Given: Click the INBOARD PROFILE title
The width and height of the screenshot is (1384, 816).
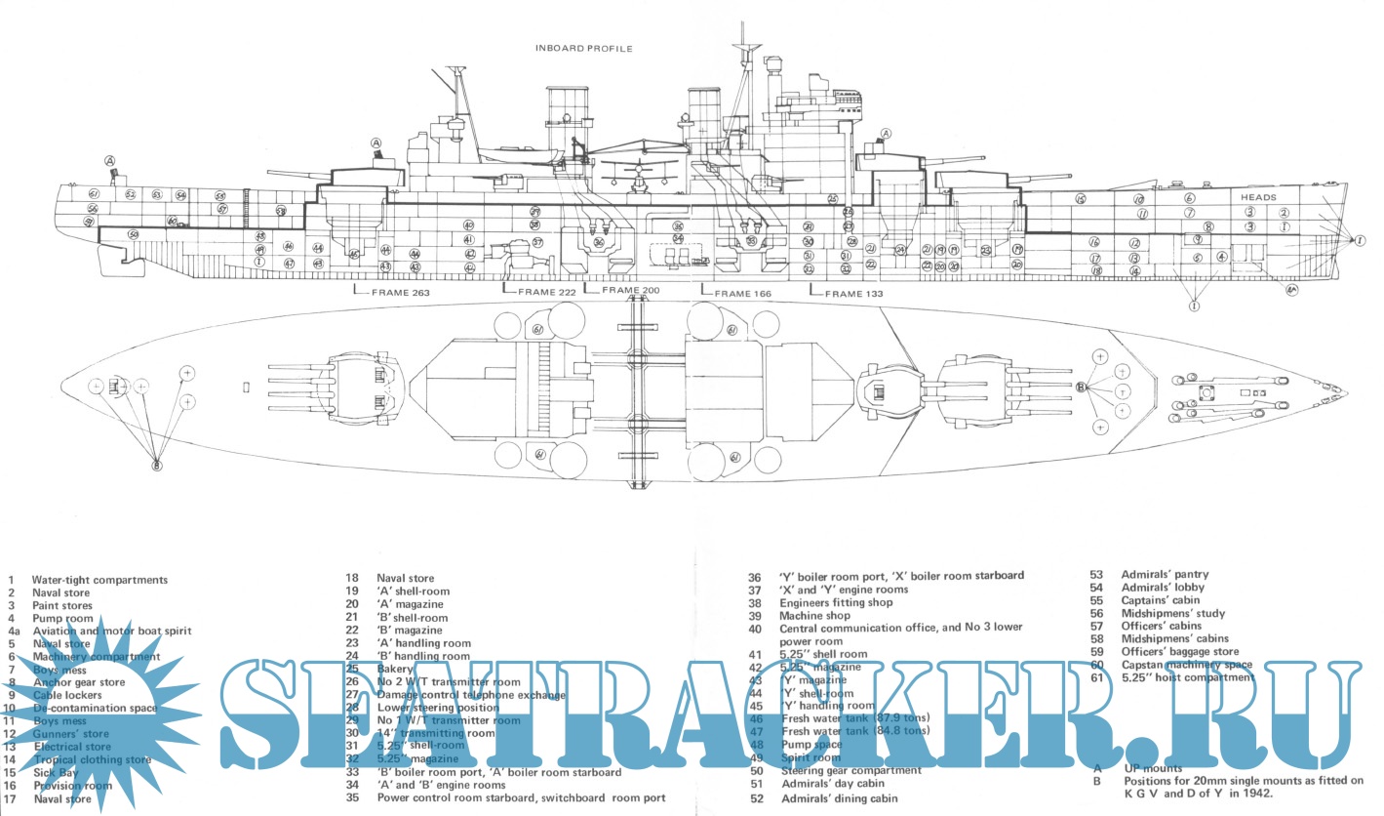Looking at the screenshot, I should click(584, 48).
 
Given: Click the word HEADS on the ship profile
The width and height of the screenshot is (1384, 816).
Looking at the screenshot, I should click(1258, 197).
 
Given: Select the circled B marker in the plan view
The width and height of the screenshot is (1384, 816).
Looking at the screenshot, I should click(1081, 388).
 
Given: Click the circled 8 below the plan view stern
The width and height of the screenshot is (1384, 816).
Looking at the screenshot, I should click(156, 466).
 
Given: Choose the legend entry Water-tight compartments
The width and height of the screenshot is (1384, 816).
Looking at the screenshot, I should click(99, 580).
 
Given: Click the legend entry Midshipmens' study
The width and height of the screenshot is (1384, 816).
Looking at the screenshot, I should click(1172, 613).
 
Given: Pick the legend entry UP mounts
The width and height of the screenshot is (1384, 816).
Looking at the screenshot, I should click(1151, 768).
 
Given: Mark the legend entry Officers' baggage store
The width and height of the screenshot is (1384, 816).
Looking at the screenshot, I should click(1179, 651).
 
